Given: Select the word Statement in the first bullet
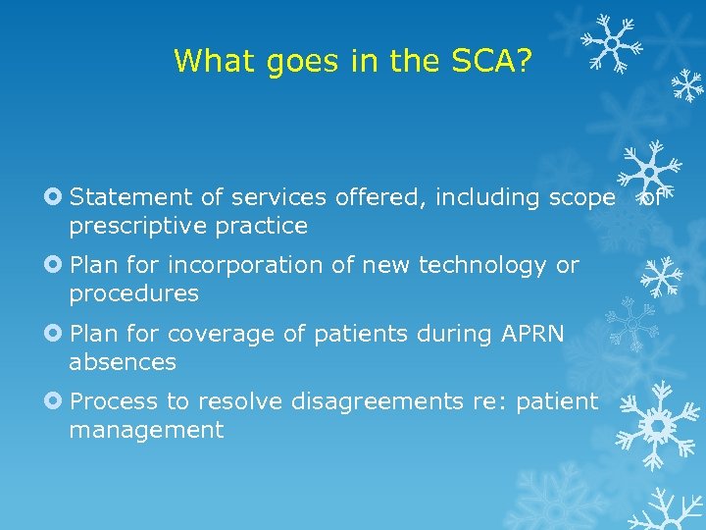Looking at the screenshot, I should click(132, 197).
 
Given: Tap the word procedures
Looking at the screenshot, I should click(133, 293).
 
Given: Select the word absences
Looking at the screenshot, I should click(123, 362).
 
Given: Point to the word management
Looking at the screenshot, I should click(146, 430).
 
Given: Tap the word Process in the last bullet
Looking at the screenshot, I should click(110, 401).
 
